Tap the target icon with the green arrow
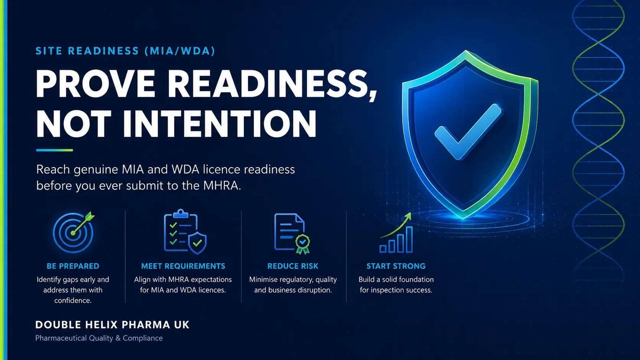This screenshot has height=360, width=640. (x=73, y=232)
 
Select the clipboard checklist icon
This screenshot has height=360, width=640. (x=184, y=232)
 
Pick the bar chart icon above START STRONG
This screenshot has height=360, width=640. (x=396, y=233)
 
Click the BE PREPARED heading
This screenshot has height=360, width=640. (x=73, y=266)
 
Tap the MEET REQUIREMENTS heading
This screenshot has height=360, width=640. (x=183, y=266)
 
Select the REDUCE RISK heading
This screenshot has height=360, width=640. (x=293, y=266)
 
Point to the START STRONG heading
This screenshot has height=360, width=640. (x=396, y=266)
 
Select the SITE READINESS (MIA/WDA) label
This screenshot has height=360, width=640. (x=125, y=51)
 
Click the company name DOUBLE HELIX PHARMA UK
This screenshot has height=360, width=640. (x=112, y=325)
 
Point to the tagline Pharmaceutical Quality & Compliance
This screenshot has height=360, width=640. (x=99, y=338)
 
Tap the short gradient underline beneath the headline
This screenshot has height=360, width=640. (x=55, y=150)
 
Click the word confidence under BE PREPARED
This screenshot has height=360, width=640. (x=73, y=301)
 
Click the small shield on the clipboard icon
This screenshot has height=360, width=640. (x=197, y=243)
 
